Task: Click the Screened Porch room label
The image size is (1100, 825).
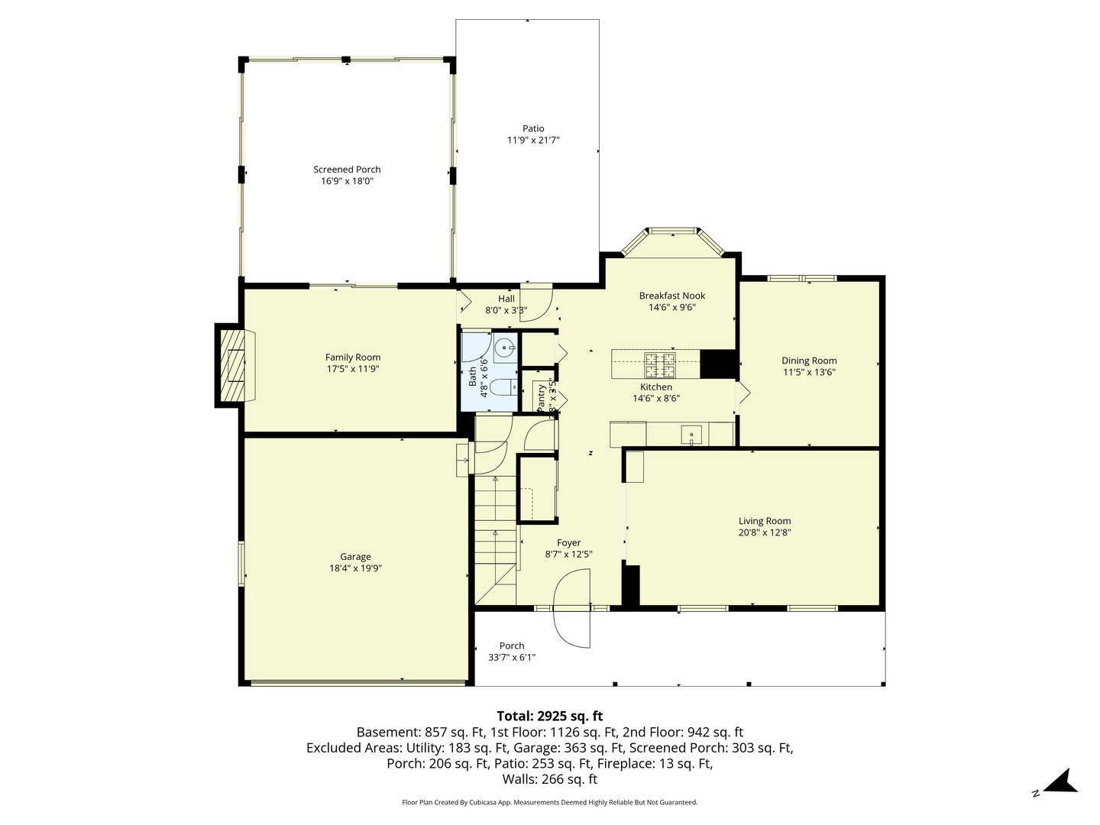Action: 347,170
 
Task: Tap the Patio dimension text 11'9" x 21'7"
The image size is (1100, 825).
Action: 533,140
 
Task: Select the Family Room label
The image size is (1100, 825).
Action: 352,357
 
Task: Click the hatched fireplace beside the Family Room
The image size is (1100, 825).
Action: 233,366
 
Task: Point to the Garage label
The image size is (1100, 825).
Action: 355,557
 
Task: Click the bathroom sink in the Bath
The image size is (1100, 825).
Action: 504,348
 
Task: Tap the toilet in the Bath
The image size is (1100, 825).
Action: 501,387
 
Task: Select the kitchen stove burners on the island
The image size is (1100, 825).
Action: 660,364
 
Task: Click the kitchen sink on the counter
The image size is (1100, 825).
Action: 691,435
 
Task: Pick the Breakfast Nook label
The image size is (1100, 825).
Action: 671,296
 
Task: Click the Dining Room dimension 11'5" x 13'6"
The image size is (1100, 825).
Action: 809,373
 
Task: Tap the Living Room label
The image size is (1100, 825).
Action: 764,521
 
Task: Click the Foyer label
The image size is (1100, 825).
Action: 568,543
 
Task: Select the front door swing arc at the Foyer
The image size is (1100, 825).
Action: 571,611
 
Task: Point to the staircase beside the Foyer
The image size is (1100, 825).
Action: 495,535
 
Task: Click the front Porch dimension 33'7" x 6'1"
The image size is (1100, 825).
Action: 511,657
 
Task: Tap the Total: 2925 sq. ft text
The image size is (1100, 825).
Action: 549,716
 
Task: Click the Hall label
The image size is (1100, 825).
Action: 506,299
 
